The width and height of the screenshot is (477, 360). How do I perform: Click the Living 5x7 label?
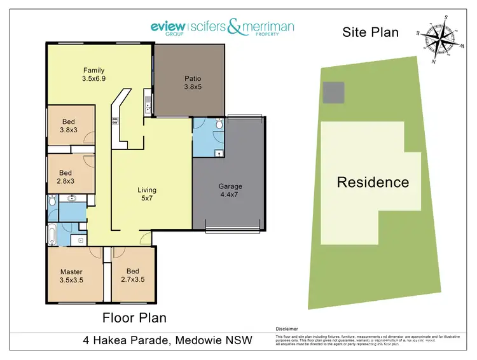pyautogui.click(x=147, y=194)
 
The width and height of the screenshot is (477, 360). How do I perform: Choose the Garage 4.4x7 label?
pyautogui.click(x=230, y=191)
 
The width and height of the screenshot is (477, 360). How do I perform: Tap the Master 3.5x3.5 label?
pyautogui.click(x=71, y=276)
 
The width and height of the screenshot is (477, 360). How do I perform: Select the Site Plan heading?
pyautogui.click(x=370, y=32)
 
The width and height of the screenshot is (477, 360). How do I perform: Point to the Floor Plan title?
pyautogui.click(x=134, y=317)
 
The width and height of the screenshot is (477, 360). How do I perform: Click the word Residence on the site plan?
pyautogui.click(x=373, y=183)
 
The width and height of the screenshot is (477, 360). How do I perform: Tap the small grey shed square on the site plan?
pyautogui.click(x=333, y=93)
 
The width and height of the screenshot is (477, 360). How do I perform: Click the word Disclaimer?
pyautogui.click(x=287, y=329)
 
